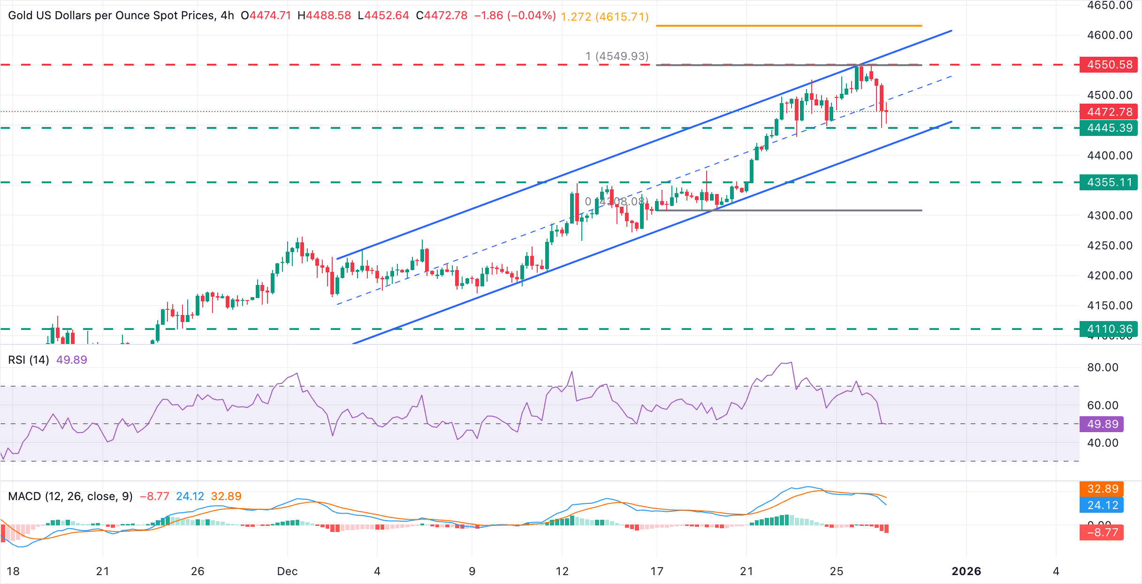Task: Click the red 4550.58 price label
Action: (x=1109, y=65)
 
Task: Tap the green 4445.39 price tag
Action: (x=1109, y=128)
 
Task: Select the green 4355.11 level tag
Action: (x=1109, y=182)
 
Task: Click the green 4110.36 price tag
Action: (x=1109, y=329)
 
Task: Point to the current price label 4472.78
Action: (x=1109, y=112)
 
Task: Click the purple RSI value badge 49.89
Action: (x=1103, y=424)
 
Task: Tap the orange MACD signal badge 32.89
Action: (x=1103, y=489)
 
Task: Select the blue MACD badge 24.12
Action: (x=1103, y=505)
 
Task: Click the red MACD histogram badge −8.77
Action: (x=1103, y=532)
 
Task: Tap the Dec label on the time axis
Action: (x=287, y=571)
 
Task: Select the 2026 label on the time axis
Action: (x=966, y=571)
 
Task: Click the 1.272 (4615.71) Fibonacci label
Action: (x=605, y=17)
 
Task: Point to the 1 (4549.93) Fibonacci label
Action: (x=617, y=56)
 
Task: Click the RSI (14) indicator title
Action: (x=29, y=360)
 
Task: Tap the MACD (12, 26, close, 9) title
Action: (x=70, y=496)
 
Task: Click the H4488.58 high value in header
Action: (x=324, y=15)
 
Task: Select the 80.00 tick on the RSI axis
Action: (x=1103, y=367)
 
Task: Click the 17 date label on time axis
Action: (x=657, y=571)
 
